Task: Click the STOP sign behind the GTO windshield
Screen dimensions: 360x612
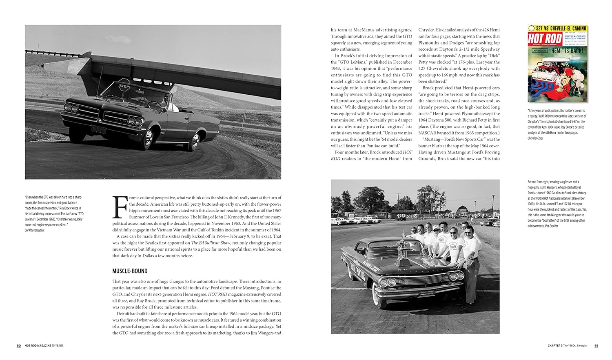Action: [124, 86]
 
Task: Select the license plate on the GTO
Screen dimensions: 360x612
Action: [99, 129]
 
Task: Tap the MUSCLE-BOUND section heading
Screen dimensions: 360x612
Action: [130, 271]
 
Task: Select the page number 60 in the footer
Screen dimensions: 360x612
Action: [19, 346]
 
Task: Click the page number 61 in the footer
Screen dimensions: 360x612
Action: [596, 346]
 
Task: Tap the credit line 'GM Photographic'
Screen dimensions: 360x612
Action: [35, 230]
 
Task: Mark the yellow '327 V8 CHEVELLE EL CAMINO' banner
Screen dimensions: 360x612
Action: [557, 28]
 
